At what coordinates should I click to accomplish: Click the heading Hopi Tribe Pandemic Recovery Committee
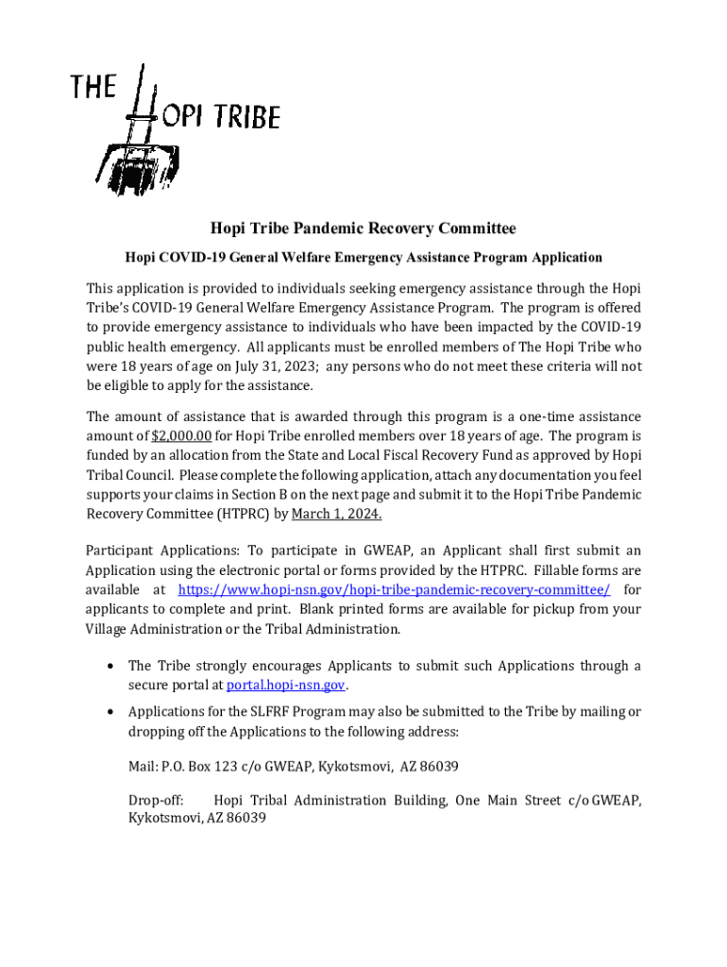[x=363, y=229]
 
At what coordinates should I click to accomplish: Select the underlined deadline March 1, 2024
[x=336, y=513]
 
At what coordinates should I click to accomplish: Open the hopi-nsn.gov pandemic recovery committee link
[x=394, y=590]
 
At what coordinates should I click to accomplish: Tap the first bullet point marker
[x=110, y=666]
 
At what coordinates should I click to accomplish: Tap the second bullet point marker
[x=110, y=711]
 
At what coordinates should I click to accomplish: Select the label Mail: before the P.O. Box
[x=144, y=765]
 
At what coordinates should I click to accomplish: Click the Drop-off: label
[x=156, y=800]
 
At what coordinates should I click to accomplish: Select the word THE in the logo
[x=93, y=88]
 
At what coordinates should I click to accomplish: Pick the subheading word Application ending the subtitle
[x=566, y=257]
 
